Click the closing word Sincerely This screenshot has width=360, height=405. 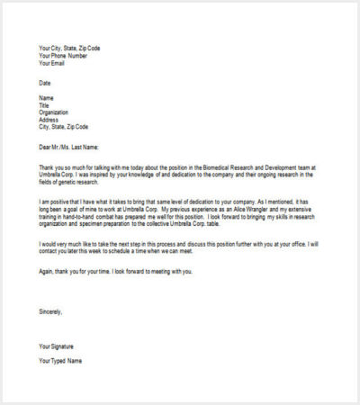pos(51,311)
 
